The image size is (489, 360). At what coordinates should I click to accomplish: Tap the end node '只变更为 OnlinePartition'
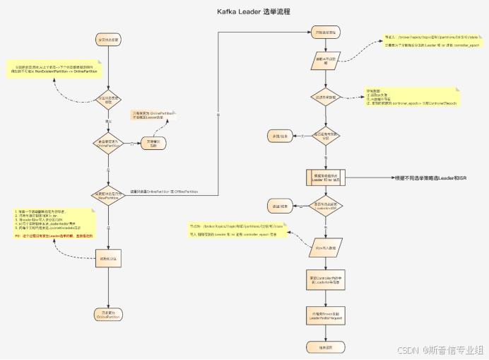pyautogui.click(x=108, y=315)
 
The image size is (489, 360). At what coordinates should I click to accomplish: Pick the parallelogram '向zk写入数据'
pyautogui.click(x=322, y=249)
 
